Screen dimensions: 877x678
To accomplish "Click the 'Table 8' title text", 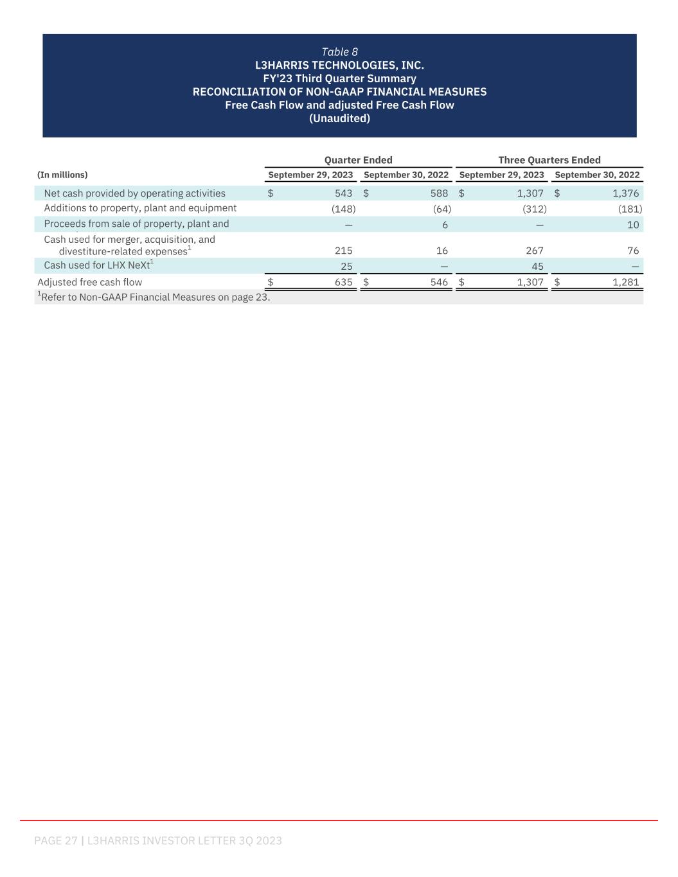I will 339,52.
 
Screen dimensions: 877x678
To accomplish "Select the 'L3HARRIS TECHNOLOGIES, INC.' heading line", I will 339,66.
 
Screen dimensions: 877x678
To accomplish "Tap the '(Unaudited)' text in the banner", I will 339,119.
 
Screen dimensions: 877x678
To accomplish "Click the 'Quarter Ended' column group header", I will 358,160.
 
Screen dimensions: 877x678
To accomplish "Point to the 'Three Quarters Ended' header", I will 549,160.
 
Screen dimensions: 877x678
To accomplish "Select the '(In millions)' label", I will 62,175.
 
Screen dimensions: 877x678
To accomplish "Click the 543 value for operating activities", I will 343,193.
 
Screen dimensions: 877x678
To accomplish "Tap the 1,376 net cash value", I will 625,193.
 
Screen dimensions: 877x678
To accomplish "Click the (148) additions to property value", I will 343,209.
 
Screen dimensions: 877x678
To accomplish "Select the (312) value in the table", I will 534,209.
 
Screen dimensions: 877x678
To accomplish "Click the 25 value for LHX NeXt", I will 346,266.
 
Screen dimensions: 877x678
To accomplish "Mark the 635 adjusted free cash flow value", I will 343,282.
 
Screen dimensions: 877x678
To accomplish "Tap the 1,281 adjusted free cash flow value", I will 625,282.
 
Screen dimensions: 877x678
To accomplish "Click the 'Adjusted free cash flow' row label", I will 89,282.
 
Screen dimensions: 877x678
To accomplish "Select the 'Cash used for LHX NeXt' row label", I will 98,265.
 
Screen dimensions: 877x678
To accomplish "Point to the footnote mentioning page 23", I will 154,297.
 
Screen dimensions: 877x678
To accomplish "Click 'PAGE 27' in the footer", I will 56,840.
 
